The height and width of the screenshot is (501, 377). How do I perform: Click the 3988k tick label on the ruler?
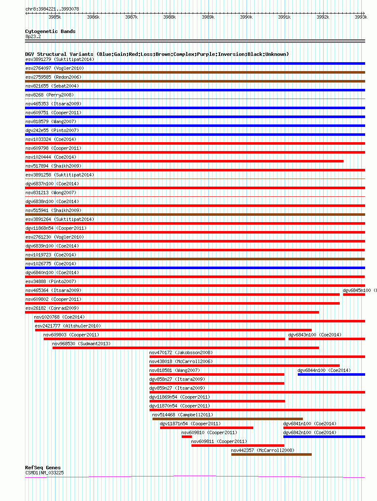pyautogui.click(x=169, y=17)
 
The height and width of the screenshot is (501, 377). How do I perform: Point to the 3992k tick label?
pyautogui.click(x=323, y=17)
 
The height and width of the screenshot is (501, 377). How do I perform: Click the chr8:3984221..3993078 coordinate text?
pyautogui.click(x=52, y=9)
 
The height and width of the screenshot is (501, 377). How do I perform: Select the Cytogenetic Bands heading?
pyautogui.click(x=50, y=31)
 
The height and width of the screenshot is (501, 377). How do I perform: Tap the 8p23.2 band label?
pyautogui.click(x=33, y=36)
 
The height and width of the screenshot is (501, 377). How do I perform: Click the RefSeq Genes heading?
pyautogui.click(x=43, y=468)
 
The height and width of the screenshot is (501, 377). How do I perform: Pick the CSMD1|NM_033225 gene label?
pyautogui.click(x=44, y=473)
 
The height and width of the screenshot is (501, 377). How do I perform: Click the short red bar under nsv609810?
pyautogui.click(x=187, y=437)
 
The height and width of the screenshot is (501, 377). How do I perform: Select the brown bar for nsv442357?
pyautogui.click(x=272, y=454)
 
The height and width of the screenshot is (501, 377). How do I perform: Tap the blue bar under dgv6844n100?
pyautogui.click(x=331, y=374)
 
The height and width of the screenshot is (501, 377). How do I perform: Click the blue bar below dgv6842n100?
pyautogui.click(x=324, y=437)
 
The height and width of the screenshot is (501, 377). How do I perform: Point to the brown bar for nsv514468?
pyautogui.click(x=227, y=419)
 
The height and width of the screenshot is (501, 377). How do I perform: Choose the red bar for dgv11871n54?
pyautogui.click(x=207, y=428)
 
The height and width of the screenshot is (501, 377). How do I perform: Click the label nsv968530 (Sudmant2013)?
pyautogui.click(x=81, y=344)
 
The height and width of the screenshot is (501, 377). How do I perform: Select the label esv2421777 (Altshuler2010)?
pyautogui.click(x=68, y=326)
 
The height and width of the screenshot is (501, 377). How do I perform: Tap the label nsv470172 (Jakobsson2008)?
pyautogui.click(x=181, y=353)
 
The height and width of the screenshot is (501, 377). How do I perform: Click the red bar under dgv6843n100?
pyautogui.click(x=327, y=339)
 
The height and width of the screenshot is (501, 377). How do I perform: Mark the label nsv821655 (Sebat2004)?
pyautogui.click(x=52, y=86)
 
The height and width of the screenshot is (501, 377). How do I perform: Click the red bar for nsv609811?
pyautogui.click(x=238, y=446)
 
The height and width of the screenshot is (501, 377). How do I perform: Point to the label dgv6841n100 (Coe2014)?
pyautogui.click(x=310, y=424)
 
